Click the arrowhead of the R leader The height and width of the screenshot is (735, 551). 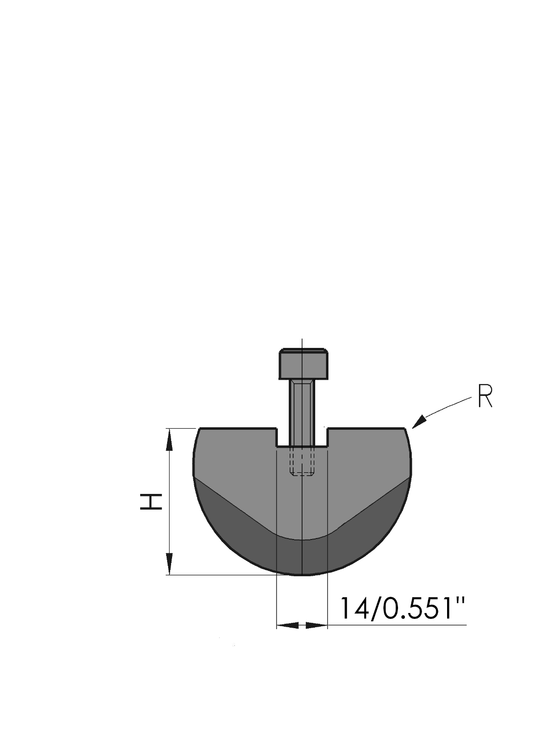419,422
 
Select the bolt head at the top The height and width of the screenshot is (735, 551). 303,364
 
